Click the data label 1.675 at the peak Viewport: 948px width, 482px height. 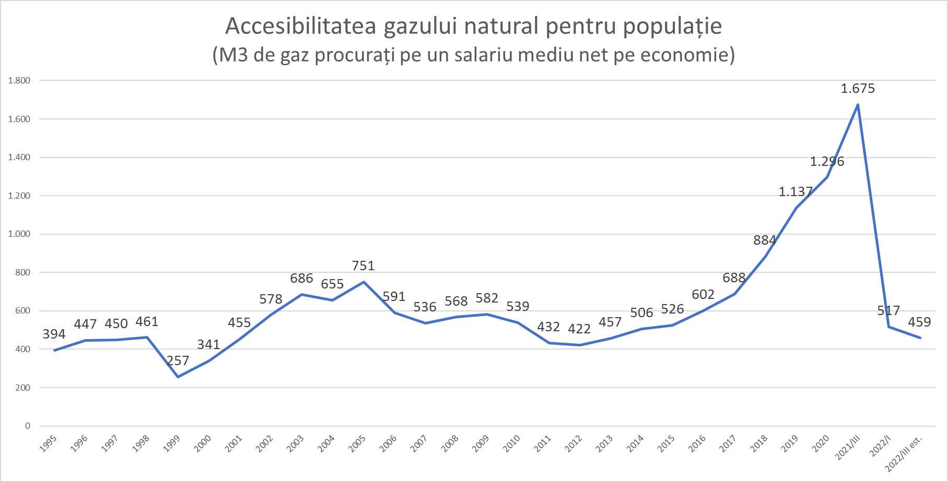pos(858,89)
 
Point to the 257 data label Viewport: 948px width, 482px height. pos(178,361)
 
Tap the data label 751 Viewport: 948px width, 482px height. pos(363,266)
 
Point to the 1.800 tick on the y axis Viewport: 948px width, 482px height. pos(19,81)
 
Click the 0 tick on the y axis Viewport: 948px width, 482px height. pos(28,426)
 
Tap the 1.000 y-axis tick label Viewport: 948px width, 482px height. pos(19,234)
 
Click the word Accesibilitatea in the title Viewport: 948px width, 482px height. pos(301,26)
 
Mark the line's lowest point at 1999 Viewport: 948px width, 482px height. pos(178,377)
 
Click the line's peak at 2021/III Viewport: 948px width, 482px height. pos(858,105)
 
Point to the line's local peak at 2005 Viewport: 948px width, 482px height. pos(364,282)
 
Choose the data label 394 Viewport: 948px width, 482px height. pos(54,334)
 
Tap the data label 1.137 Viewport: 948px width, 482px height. pos(795,192)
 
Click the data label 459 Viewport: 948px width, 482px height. pos(919,322)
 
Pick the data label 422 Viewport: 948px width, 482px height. pos(579,329)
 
